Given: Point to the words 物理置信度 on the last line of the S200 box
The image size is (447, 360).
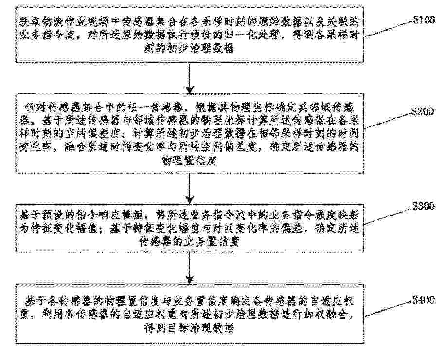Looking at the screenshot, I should coord(190,161).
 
